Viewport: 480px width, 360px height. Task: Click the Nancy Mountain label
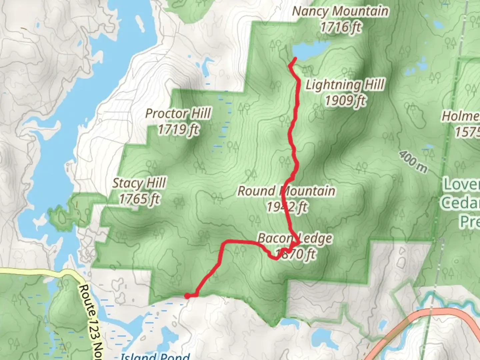click(x=340, y=11)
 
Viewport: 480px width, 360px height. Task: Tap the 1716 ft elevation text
click(x=340, y=27)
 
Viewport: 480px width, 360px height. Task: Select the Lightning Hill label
click(x=345, y=85)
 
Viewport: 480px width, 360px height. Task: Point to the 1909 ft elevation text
click(x=345, y=100)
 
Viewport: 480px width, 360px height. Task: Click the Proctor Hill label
click(x=178, y=114)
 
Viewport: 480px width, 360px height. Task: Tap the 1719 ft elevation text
click(x=178, y=129)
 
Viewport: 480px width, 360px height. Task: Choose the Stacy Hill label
click(x=139, y=183)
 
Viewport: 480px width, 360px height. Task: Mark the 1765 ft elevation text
click(x=139, y=199)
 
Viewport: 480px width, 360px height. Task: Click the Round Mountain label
click(x=286, y=191)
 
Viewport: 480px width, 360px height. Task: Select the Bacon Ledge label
click(x=295, y=238)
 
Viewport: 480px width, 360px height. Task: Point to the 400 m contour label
click(x=413, y=162)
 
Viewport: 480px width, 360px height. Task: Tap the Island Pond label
click(x=155, y=356)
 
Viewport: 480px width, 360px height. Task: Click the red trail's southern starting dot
click(x=187, y=296)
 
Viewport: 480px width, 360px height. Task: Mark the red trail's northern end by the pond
click(x=295, y=59)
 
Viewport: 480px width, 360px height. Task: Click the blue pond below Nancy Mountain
click(x=310, y=50)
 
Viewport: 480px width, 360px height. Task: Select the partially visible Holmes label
click(x=462, y=116)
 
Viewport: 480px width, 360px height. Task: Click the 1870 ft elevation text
click(x=296, y=254)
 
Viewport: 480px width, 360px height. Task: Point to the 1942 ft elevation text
click(x=287, y=207)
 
